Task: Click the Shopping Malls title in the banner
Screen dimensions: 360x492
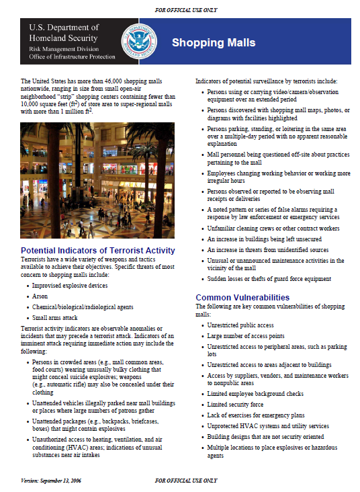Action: pyautogui.click(x=214, y=43)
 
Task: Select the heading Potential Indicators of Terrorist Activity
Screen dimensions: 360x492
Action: pyautogui.click(x=98, y=251)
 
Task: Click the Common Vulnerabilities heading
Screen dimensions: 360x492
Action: pyautogui.click(x=242, y=297)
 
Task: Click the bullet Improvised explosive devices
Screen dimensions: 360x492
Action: pyautogui.click(x=70, y=285)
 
